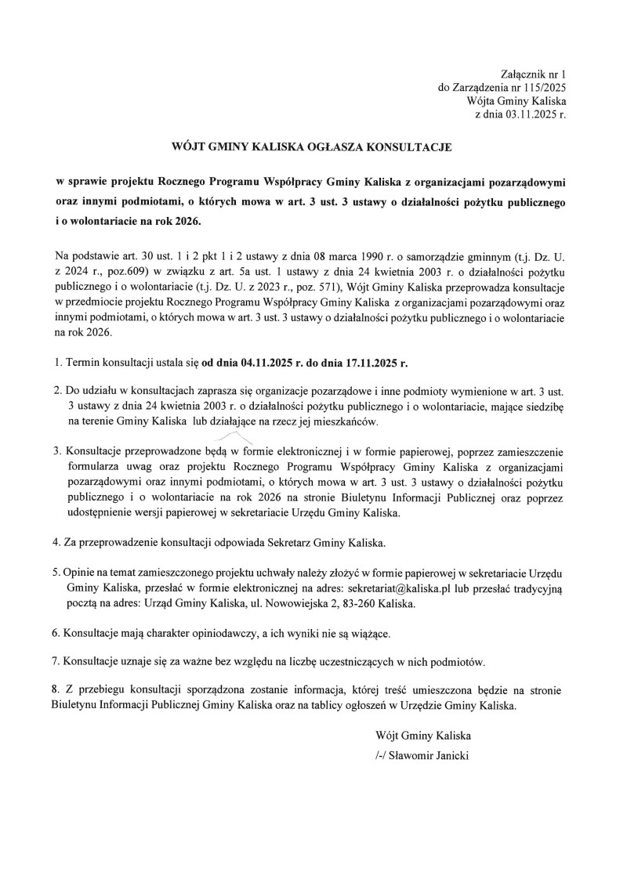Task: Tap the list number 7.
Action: [x=56, y=661]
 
